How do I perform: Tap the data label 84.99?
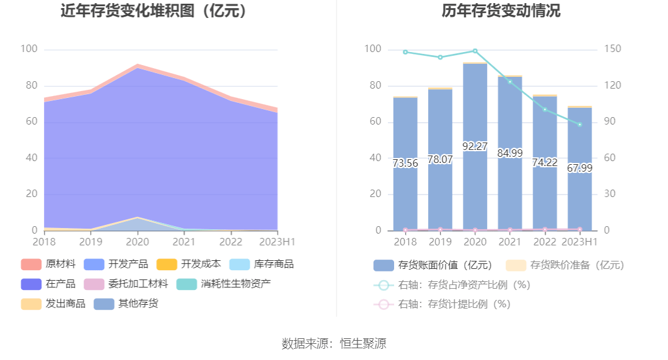point(510,153)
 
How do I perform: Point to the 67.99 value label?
point(580,168)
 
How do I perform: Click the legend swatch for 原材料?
point(31,264)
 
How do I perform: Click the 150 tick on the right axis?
point(613,49)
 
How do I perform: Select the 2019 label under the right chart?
point(441,242)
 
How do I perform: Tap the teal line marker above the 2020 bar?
point(475,51)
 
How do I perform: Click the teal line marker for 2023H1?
point(580,125)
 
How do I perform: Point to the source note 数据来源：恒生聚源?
point(334,343)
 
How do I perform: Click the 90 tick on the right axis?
point(611,121)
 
